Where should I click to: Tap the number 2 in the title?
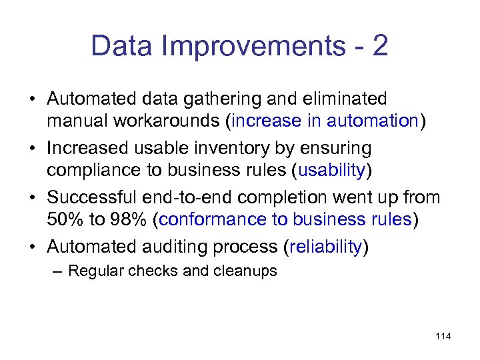click(x=380, y=47)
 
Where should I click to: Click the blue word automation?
click(x=371, y=121)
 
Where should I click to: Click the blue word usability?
click(x=331, y=171)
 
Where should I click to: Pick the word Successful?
click(x=89, y=197)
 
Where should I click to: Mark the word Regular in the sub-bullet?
click(x=95, y=271)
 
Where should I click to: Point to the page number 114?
click(x=443, y=336)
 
